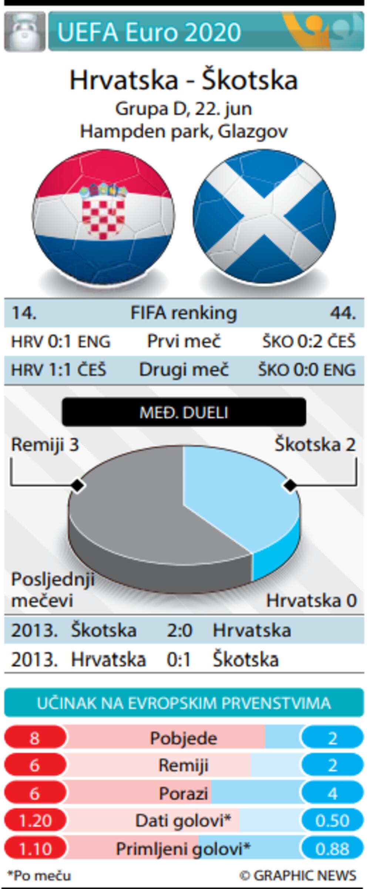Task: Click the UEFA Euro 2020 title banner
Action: click(206, 31)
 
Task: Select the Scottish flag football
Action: click(264, 217)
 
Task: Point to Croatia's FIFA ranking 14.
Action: click(24, 313)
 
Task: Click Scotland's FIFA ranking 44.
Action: click(343, 313)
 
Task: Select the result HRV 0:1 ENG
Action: click(61, 341)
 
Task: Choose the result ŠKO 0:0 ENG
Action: click(307, 370)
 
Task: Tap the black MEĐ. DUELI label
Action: click(184, 412)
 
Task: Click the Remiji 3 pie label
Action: click(45, 444)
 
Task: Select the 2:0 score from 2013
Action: click(179, 630)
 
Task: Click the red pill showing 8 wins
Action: click(35, 738)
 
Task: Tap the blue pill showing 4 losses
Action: click(332, 794)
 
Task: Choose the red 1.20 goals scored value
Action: click(35, 821)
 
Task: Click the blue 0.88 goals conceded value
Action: click(332, 849)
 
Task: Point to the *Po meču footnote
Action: click(39, 876)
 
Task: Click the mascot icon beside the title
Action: click(24, 31)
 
